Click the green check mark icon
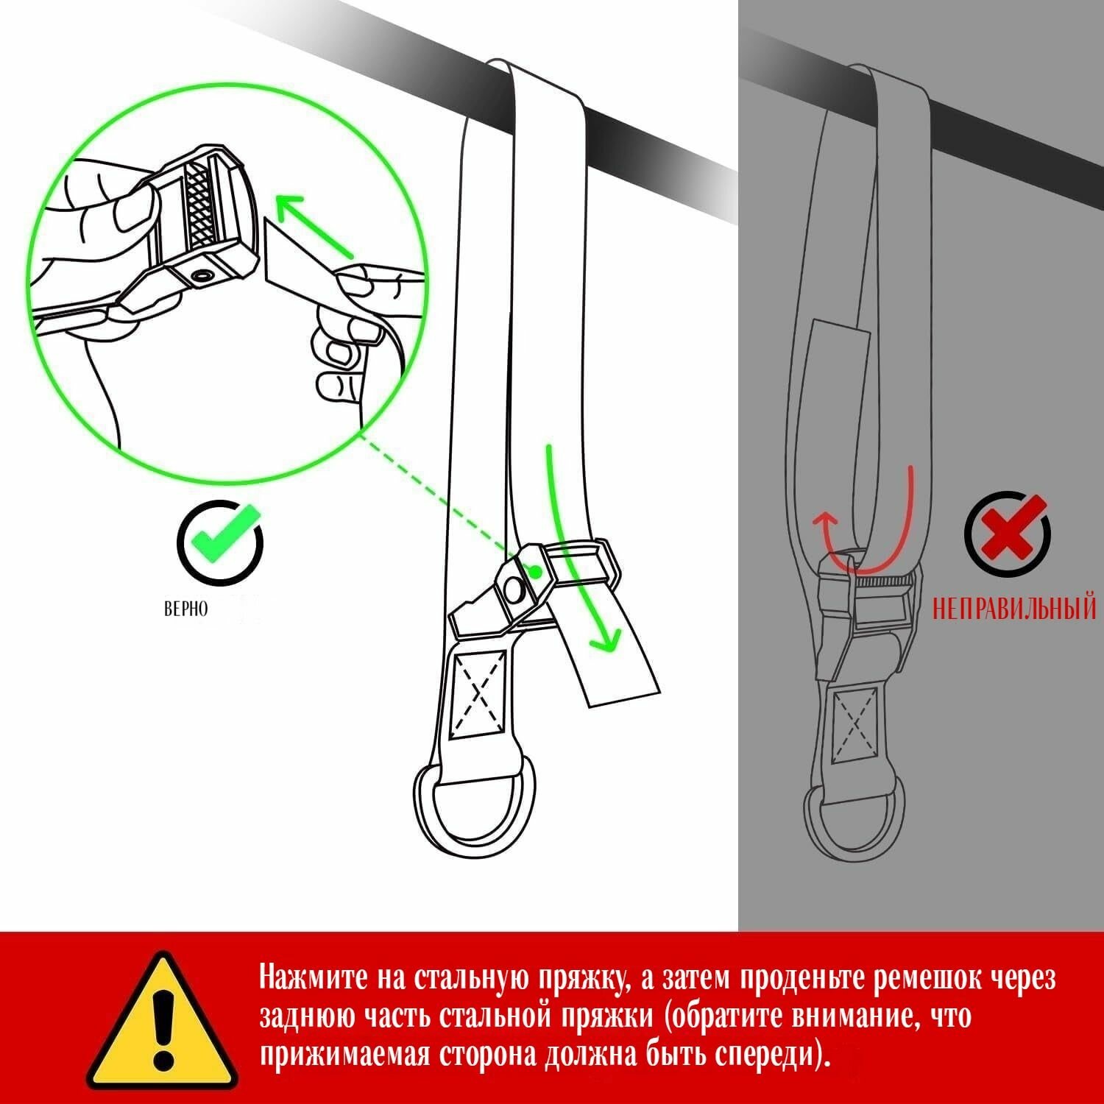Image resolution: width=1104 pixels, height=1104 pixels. [x=222, y=539]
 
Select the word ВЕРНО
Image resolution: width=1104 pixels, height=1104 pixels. [x=185, y=609]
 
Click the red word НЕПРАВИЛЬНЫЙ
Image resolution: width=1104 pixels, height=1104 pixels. [x=1014, y=609]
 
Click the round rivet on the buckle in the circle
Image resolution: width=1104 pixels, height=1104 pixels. [x=201, y=277]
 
